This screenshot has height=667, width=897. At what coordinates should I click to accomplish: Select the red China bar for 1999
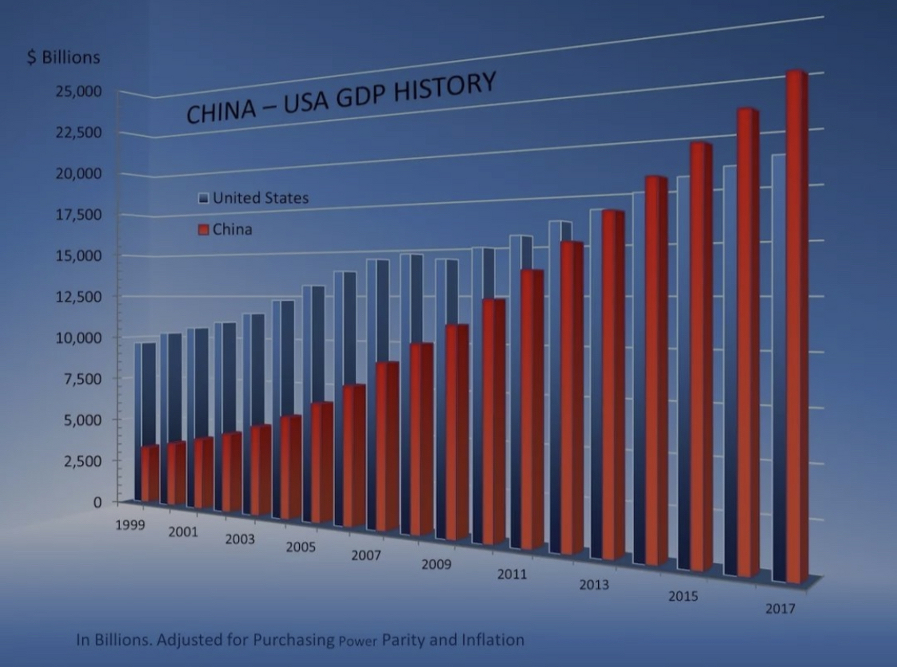coord(150,474)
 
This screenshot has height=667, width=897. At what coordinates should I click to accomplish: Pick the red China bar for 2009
coord(455,433)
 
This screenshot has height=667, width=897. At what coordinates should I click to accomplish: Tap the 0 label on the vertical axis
coord(97,502)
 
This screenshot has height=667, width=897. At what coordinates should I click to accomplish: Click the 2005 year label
coord(301,547)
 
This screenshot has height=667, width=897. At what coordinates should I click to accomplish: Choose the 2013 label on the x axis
coord(594,585)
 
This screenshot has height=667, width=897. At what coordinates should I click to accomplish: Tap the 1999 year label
coord(130,525)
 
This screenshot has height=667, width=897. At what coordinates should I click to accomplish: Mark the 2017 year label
coord(780,609)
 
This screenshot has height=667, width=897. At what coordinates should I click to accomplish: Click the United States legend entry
coord(260,198)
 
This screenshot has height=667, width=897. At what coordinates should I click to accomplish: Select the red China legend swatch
coord(204,230)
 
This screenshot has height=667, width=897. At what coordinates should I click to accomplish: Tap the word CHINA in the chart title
coord(221,112)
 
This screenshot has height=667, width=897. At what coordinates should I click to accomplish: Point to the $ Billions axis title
coord(64,57)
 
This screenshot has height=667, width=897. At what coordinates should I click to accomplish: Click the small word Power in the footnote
coord(357,641)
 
